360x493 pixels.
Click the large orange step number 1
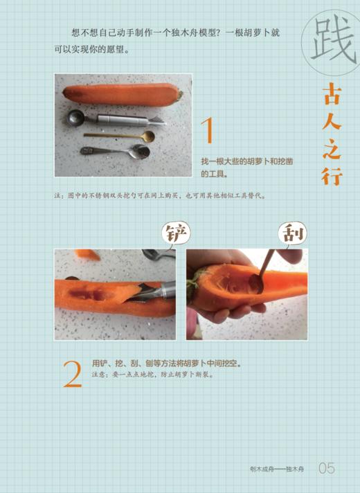click(x=207, y=131)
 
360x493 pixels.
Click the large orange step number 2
click(x=73, y=374)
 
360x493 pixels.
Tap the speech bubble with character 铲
click(x=175, y=234)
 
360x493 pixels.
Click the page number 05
click(x=327, y=469)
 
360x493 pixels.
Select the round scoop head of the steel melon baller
click(x=75, y=118)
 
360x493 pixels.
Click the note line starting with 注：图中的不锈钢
click(x=159, y=195)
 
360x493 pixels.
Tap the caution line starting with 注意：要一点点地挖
click(x=152, y=375)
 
